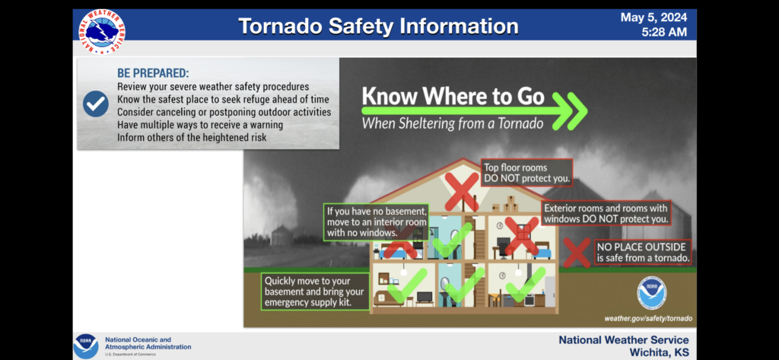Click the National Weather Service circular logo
[x=102, y=32]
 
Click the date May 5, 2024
[x=653, y=18]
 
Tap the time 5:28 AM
[x=664, y=33]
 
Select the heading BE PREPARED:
[x=153, y=73]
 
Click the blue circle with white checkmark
[x=96, y=104]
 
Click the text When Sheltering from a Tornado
[x=453, y=123]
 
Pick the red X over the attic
[x=462, y=192]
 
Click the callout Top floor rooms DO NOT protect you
[x=526, y=173]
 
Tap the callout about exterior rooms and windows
[x=606, y=213]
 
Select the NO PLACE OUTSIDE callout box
[x=644, y=252]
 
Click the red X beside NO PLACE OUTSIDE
[x=577, y=253]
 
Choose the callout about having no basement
[x=376, y=221]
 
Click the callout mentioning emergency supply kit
[x=315, y=292]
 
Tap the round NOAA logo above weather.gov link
[x=651, y=293]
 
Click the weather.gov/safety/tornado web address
[x=648, y=318]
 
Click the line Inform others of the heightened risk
[x=192, y=137]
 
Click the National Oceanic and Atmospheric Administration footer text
[x=148, y=343]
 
